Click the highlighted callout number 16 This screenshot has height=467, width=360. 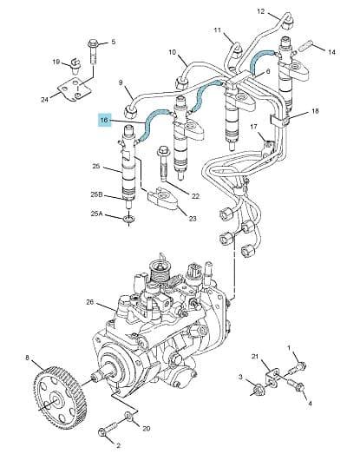coord(104,120)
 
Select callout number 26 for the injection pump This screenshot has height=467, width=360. coord(89,302)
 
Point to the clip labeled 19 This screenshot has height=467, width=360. coord(75,67)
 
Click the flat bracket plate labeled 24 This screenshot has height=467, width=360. coord(75,89)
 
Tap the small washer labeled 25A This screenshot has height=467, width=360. coord(128,220)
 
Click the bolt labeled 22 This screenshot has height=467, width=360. coord(163,163)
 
